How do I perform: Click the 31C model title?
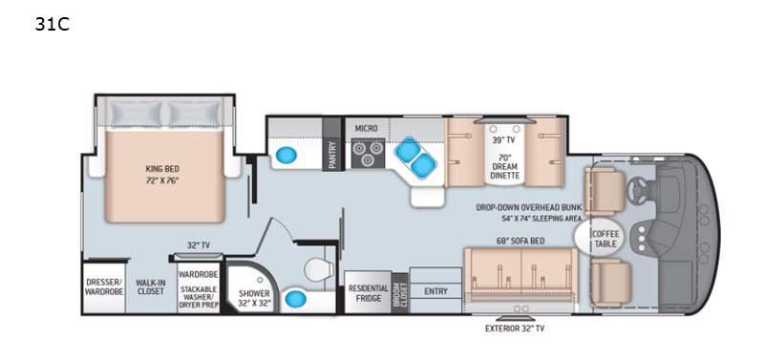pos(53,25)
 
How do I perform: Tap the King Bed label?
pos(162,169)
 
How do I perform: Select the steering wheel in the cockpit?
pos(637,187)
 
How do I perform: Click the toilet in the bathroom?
pos(319,270)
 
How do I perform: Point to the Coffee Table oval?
pos(600,238)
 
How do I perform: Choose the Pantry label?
pos(332,155)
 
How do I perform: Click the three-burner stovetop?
pos(368,152)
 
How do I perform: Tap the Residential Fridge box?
pos(368,292)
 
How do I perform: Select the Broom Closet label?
pos(399,293)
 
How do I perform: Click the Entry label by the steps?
pos(435,291)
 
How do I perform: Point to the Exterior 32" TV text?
pos(515,328)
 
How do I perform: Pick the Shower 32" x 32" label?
pos(254,298)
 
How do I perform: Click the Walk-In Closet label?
pos(150,286)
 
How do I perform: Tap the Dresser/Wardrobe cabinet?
pos(104,287)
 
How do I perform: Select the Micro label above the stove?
pos(366,128)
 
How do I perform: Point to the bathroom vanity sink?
pos(295,300)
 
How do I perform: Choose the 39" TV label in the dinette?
pos(504,140)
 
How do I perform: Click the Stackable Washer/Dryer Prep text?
pos(199,296)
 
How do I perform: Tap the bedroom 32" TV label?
pos(199,245)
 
